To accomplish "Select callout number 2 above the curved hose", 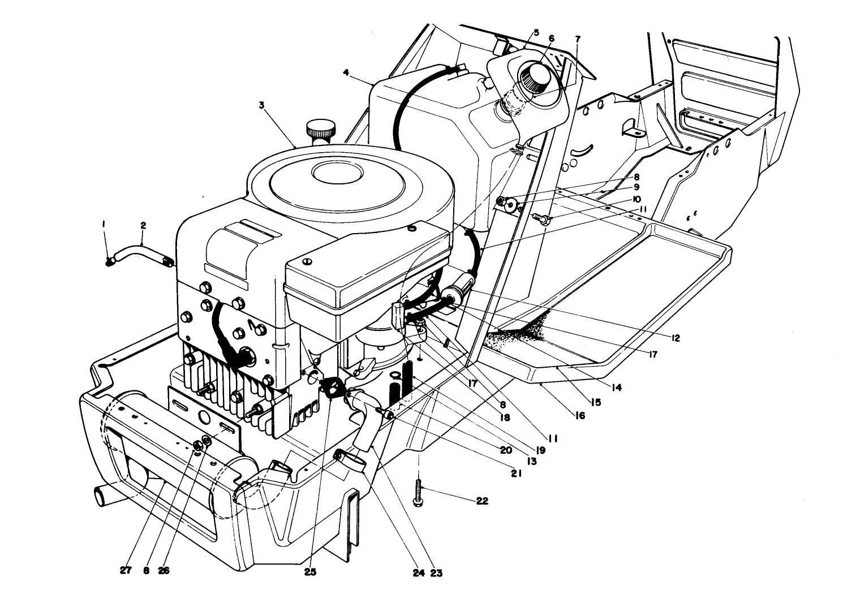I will click(x=143, y=226).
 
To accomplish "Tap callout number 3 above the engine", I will click(x=262, y=105).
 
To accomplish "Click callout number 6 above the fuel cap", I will click(x=552, y=38).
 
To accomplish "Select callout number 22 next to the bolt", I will click(x=481, y=501).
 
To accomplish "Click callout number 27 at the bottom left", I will click(x=126, y=571).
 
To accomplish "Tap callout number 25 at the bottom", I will click(x=309, y=572).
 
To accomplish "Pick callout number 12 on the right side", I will click(x=675, y=338).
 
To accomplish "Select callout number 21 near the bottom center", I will click(x=516, y=474).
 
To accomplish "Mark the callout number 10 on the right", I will click(x=636, y=199).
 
